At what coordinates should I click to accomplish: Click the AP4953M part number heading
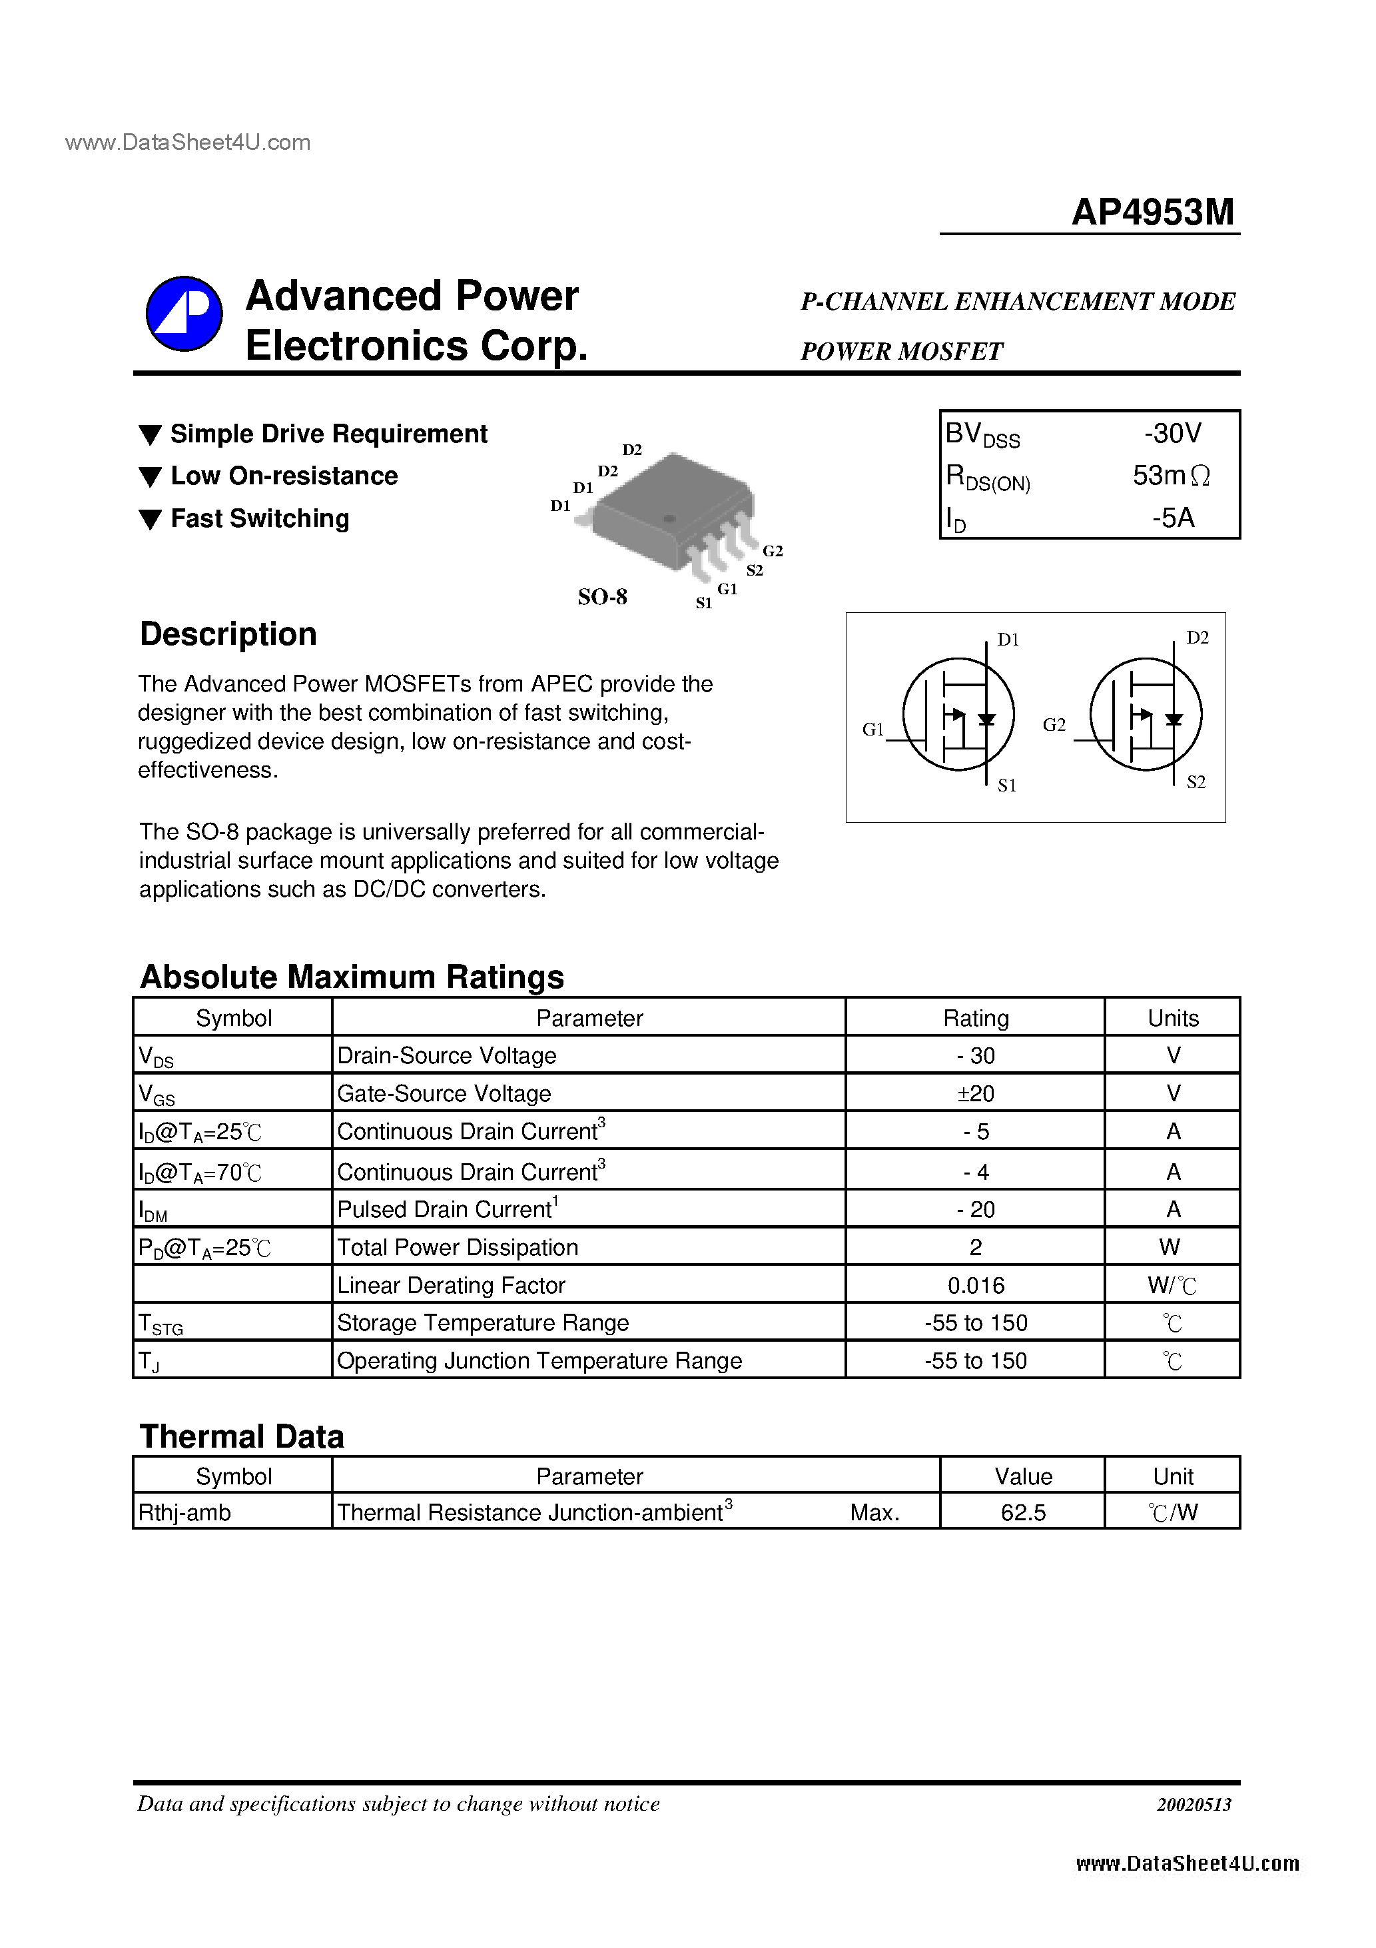point(1152,212)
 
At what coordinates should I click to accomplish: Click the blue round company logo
point(184,314)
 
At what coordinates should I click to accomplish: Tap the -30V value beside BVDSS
point(1172,434)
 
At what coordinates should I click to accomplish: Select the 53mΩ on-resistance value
point(1171,476)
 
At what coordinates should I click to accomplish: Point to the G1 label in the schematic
point(872,729)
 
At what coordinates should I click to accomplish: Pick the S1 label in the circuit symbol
point(1006,785)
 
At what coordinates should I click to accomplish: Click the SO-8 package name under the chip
point(602,598)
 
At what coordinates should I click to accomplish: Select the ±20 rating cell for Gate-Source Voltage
point(976,1094)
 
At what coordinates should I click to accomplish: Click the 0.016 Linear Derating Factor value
point(976,1285)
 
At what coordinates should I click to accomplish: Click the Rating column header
point(976,1018)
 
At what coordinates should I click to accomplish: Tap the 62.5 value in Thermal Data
point(1023,1513)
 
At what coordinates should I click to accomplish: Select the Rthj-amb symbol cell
point(185,1513)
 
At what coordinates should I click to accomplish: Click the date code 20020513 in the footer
point(1194,1804)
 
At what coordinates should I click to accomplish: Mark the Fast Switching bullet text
point(260,518)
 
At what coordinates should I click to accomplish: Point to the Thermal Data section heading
point(242,1437)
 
